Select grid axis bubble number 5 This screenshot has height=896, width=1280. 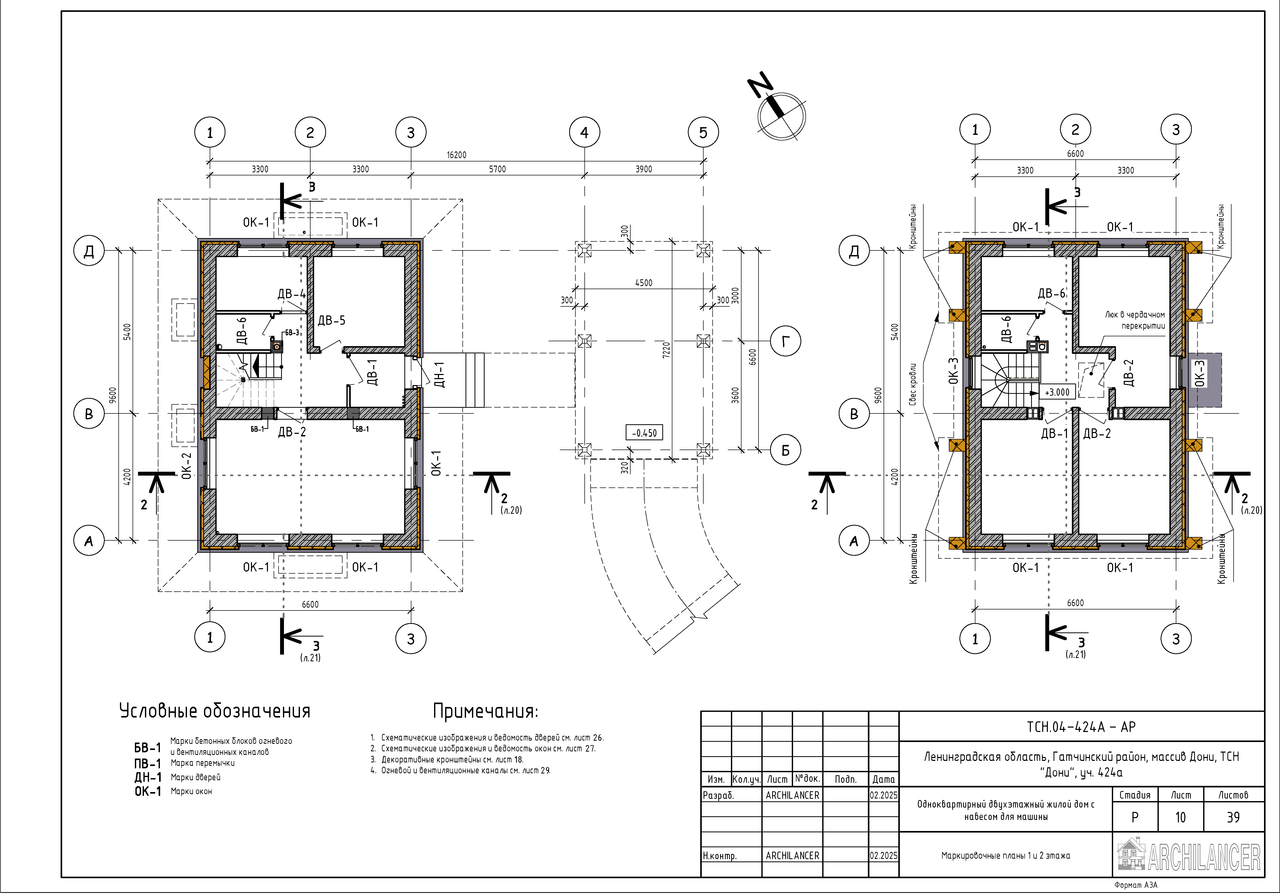point(703,133)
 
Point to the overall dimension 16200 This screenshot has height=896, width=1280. point(456,155)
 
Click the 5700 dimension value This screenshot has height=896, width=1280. point(497,169)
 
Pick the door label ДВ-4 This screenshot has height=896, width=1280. point(292,294)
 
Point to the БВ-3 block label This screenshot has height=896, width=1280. point(292,332)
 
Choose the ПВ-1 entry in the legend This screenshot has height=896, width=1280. point(147,763)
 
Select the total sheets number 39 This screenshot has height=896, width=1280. point(1233,817)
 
